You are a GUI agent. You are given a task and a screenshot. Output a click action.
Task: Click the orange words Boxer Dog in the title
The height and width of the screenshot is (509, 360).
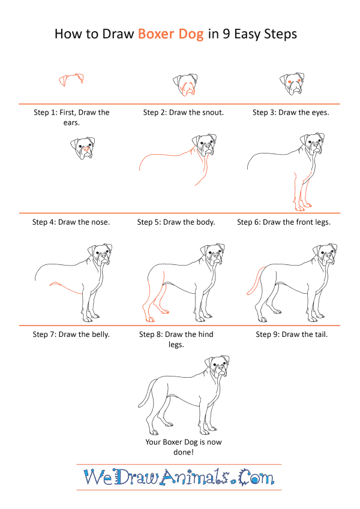tap(171, 34)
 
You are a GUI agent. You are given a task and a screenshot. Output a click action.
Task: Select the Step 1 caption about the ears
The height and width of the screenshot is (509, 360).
tap(71, 117)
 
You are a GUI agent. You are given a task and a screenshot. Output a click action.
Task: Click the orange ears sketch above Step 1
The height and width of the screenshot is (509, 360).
tap(71, 80)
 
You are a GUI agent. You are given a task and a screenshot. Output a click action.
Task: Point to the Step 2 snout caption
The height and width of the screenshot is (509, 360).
tap(183, 113)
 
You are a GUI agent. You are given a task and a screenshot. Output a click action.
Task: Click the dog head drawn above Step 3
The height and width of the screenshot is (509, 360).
tap(292, 84)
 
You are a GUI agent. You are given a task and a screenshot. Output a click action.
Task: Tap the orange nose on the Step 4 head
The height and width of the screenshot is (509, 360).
tap(86, 149)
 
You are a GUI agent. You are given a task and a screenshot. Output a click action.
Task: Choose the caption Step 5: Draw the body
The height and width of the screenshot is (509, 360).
tap(176, 222)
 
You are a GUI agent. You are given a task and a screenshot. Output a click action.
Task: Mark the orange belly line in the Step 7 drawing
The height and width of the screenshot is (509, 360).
tap(65, 287)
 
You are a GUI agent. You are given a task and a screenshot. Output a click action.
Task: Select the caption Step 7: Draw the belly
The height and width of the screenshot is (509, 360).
tap(71, 335)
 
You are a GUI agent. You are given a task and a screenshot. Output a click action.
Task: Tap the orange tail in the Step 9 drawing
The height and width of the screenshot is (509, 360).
tap(256, 281)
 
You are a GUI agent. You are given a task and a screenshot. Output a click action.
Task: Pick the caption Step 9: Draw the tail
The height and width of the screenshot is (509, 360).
tap(292, 335)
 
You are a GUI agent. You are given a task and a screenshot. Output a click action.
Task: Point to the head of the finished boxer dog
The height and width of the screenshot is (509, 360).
tap(217, 367)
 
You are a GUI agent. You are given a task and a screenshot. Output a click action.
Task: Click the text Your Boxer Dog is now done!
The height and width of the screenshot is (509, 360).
tap(184, 447)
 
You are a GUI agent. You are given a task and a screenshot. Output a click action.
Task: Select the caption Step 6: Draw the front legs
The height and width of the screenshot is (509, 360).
tap(284, 222)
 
